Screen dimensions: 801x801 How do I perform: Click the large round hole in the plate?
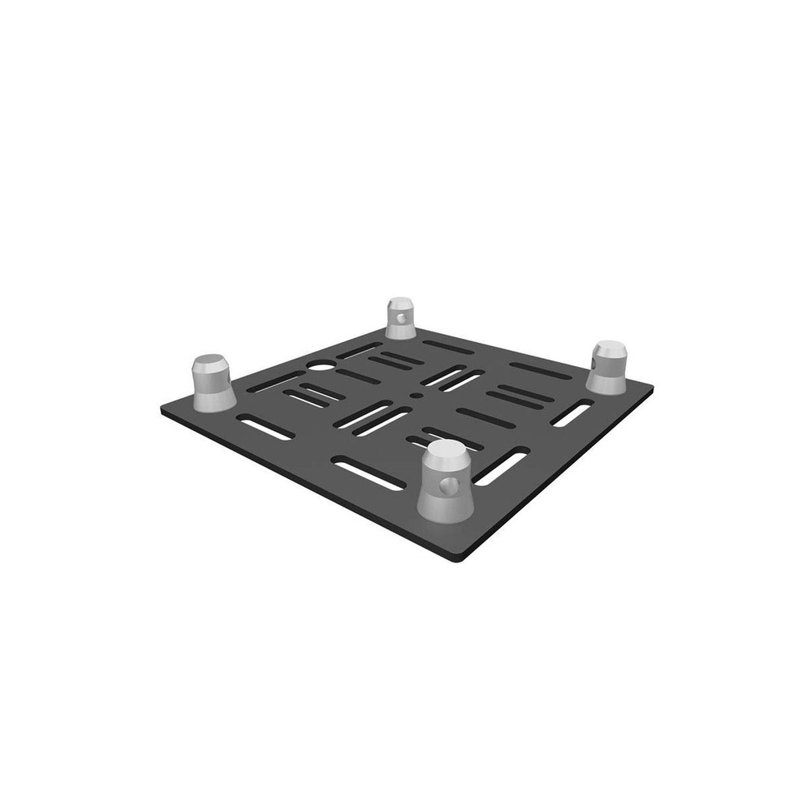pos(321,368)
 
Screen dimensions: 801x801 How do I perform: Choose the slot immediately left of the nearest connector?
pos(368,473)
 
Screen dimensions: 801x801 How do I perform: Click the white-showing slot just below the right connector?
pos(573,413)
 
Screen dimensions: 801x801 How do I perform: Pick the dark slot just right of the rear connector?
pos(449,347)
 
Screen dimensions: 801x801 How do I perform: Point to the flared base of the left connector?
pos(214,398)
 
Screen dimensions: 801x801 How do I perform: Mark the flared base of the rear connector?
pos(400,331)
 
